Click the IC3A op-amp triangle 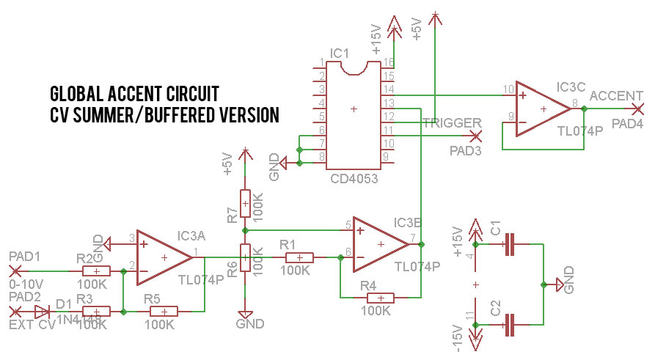(x=162, y=257)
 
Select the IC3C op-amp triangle (x=541, y=109)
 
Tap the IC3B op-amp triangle (x=378, y=243)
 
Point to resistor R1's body (x=299, y=257)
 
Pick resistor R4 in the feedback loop (x=380, y=298)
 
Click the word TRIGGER (x=451, y=123)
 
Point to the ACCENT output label (x=617, y=96)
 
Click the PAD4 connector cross (x=635, y=109)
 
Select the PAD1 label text (x=25, y=256)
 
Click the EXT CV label (x=32, y=325)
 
